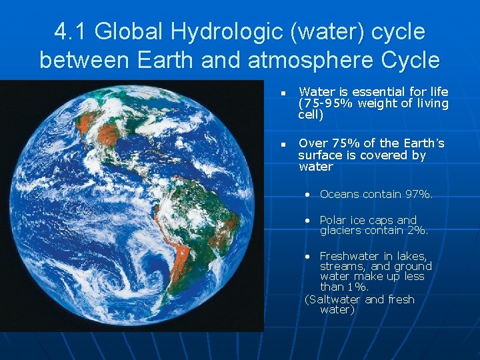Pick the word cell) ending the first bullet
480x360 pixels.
click(310, 115)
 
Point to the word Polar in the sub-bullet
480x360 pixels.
click(335, 220)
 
